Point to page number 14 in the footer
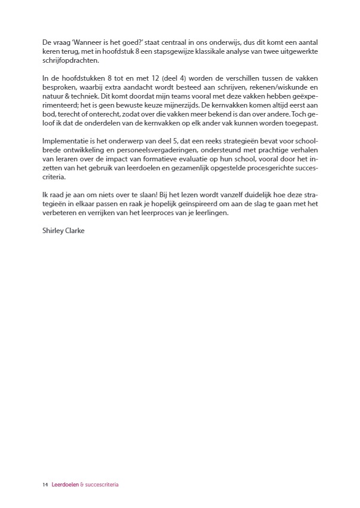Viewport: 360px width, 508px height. point(45,485)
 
